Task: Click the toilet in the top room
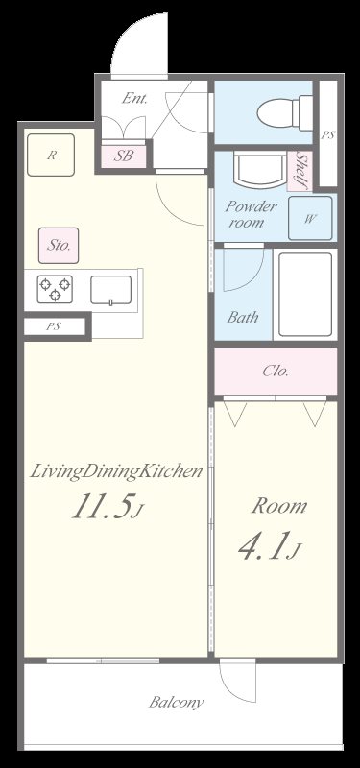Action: [285, 113]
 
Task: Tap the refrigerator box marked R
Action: [51, 155]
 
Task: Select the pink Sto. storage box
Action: [59, 246]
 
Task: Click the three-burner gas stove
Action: [55, 289]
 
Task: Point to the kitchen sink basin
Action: [110, 290]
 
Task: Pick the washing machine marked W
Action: [310, 218]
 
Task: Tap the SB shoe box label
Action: [124, 156]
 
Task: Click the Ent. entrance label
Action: [134, 99]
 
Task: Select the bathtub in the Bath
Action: [305, 294]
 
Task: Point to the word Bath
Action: [243, 317]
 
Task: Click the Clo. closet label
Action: [276, 371]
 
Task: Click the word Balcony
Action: [177, 703]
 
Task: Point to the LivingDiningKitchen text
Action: [116, 472]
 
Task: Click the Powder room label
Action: [250, 214]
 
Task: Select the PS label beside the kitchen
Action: [54, 326]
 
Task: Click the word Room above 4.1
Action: [279, 507]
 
